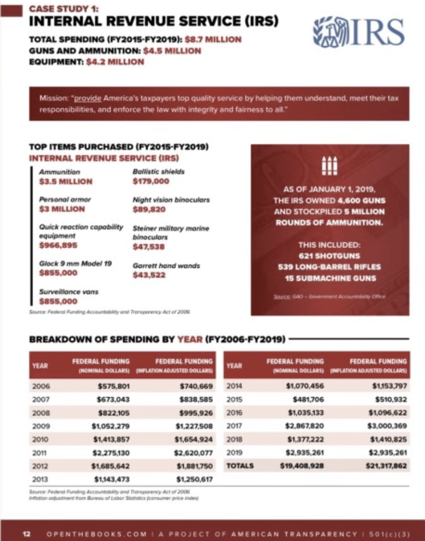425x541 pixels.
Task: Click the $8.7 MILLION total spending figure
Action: coord(216,39)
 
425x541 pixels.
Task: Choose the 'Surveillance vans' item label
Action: coord(69,291)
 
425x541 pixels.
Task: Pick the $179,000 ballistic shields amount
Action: coord(151,182)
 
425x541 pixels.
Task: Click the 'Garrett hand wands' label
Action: coord(166,266)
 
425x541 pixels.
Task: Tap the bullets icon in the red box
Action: coord(330,165)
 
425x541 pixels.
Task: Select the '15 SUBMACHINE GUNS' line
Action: coord(330,278)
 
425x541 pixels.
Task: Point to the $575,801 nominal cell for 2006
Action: coord(114,387)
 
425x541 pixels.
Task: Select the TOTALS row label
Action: coord(240,466)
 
